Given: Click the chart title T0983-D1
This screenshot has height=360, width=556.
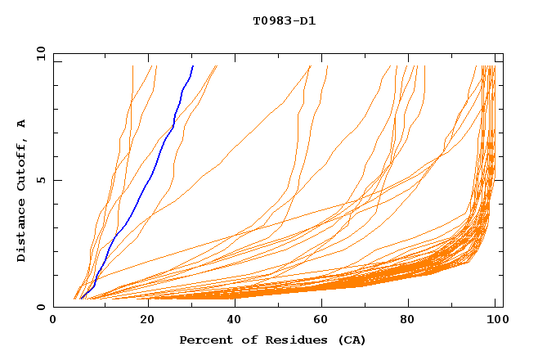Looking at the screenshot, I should (x=284, y=20).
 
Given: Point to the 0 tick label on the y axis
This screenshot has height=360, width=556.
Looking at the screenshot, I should (x=41, y=308).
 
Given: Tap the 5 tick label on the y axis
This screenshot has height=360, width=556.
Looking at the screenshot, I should (x=41, y=181).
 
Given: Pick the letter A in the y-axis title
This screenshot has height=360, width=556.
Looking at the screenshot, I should (x=21, y=124).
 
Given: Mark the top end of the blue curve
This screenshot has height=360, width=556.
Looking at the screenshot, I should (x=193, y=65).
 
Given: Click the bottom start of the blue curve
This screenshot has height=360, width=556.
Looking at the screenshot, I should (x=80, y=299).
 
